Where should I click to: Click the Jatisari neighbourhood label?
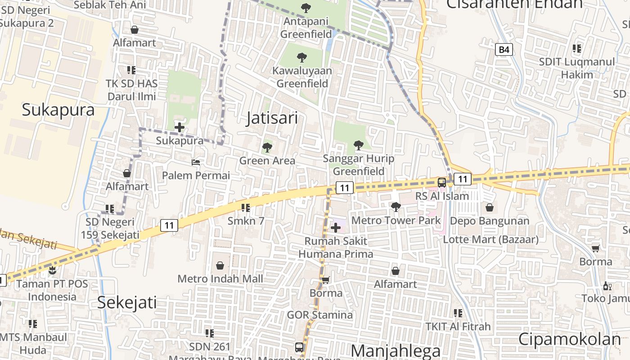(x=272, y=118)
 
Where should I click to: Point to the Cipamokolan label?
(x=569, y=339)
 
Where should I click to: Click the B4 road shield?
(x=504, y=49)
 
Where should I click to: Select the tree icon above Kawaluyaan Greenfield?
(x=302, y=58)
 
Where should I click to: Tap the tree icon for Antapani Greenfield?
(x=306, y=8)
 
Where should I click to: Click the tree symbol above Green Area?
(x=267, y=147)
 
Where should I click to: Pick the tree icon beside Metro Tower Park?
(x=396, y=207)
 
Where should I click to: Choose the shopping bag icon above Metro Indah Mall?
(x=220, y=266)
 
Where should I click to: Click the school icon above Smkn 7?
(x=246, y=208)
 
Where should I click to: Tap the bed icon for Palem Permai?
(x=196, y=162)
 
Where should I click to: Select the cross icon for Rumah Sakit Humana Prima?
(x=336, y=228)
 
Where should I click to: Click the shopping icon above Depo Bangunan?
(x=490, y=208)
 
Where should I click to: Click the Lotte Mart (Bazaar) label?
(x=490, y=239)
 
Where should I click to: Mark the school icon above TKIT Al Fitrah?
(x=458, y=313)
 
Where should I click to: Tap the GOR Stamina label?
(x=320, y=315)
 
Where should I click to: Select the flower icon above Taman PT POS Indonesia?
(x=53, y=270)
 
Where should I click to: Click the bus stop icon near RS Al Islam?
(x=442, y=183)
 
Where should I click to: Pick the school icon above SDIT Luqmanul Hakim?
(x=577, y=49)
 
